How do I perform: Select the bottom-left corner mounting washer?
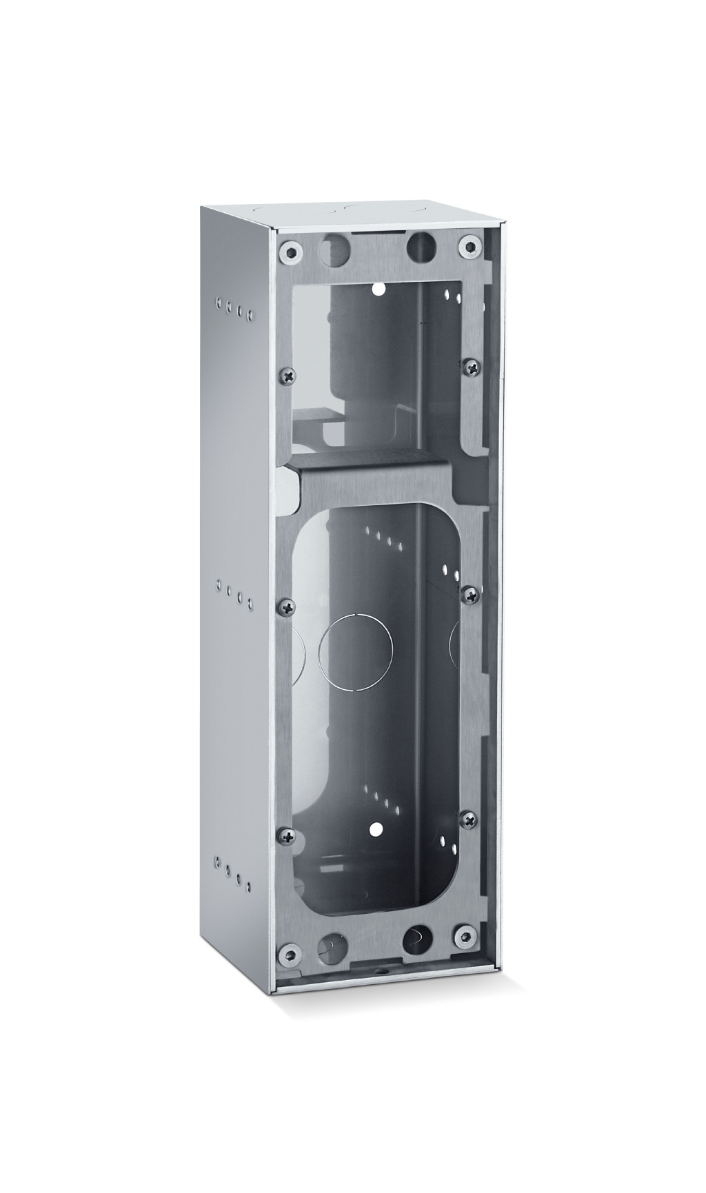pyautogui.click(x=289, y=955)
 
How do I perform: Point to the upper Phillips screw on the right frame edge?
pyautogui.click(x=471, y=369)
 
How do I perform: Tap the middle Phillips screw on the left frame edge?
pyautogui.click(x=287, y=607)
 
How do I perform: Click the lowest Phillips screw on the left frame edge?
pyautogui.click(x=288, y=836)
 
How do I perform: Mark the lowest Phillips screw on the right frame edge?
pyautogui.click(x=468, y=819)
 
